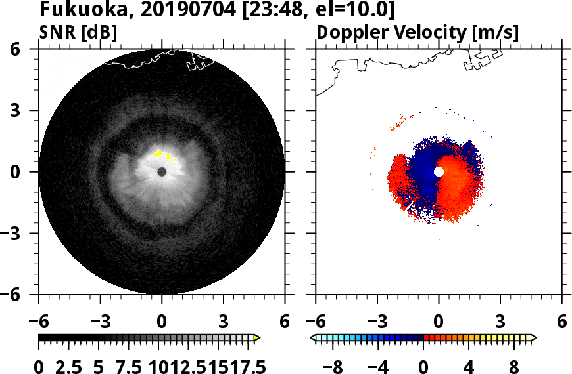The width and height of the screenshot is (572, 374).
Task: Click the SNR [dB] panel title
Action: pyautogui.click(x=78, y=32)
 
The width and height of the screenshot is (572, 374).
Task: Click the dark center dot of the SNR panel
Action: pyautogui.click(x=162, y=172)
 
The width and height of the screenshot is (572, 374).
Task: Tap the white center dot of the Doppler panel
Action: pyautogui.click(x=439, y=171)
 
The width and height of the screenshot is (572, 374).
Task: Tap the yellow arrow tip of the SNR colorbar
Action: pyautogui.click(x=257, y=338)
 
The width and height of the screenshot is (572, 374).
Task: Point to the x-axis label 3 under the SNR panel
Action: pyautogui.click(x=224, y=322)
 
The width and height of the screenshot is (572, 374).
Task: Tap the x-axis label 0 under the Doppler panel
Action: pyautogui.click(x=439, y=322)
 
